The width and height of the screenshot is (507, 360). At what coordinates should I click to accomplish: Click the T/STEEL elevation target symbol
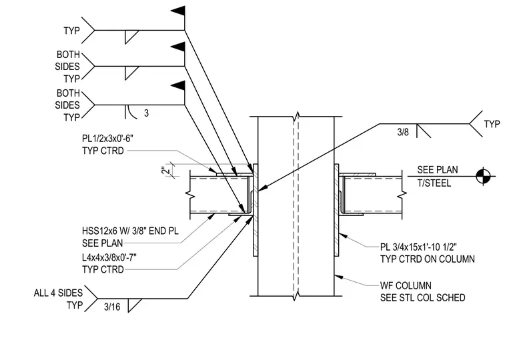click(484, 176)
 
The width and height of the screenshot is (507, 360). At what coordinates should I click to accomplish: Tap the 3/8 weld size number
click(403, 132)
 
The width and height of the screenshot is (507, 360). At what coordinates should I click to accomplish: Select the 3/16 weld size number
click(112, 307)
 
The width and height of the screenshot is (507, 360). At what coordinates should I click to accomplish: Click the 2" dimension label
click(165, 170)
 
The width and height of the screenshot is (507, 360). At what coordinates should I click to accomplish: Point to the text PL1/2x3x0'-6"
click(107, 139)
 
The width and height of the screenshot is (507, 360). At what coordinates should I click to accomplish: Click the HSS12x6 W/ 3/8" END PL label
click(130, 231)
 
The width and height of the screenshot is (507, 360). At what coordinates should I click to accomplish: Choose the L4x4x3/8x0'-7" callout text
click(109, 257)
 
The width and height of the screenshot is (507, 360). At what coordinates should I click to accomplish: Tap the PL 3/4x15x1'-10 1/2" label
click(418, 247)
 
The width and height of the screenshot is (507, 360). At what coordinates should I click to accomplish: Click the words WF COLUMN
click(406, 286)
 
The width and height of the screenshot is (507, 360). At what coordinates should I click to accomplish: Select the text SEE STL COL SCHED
click(422, 297)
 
